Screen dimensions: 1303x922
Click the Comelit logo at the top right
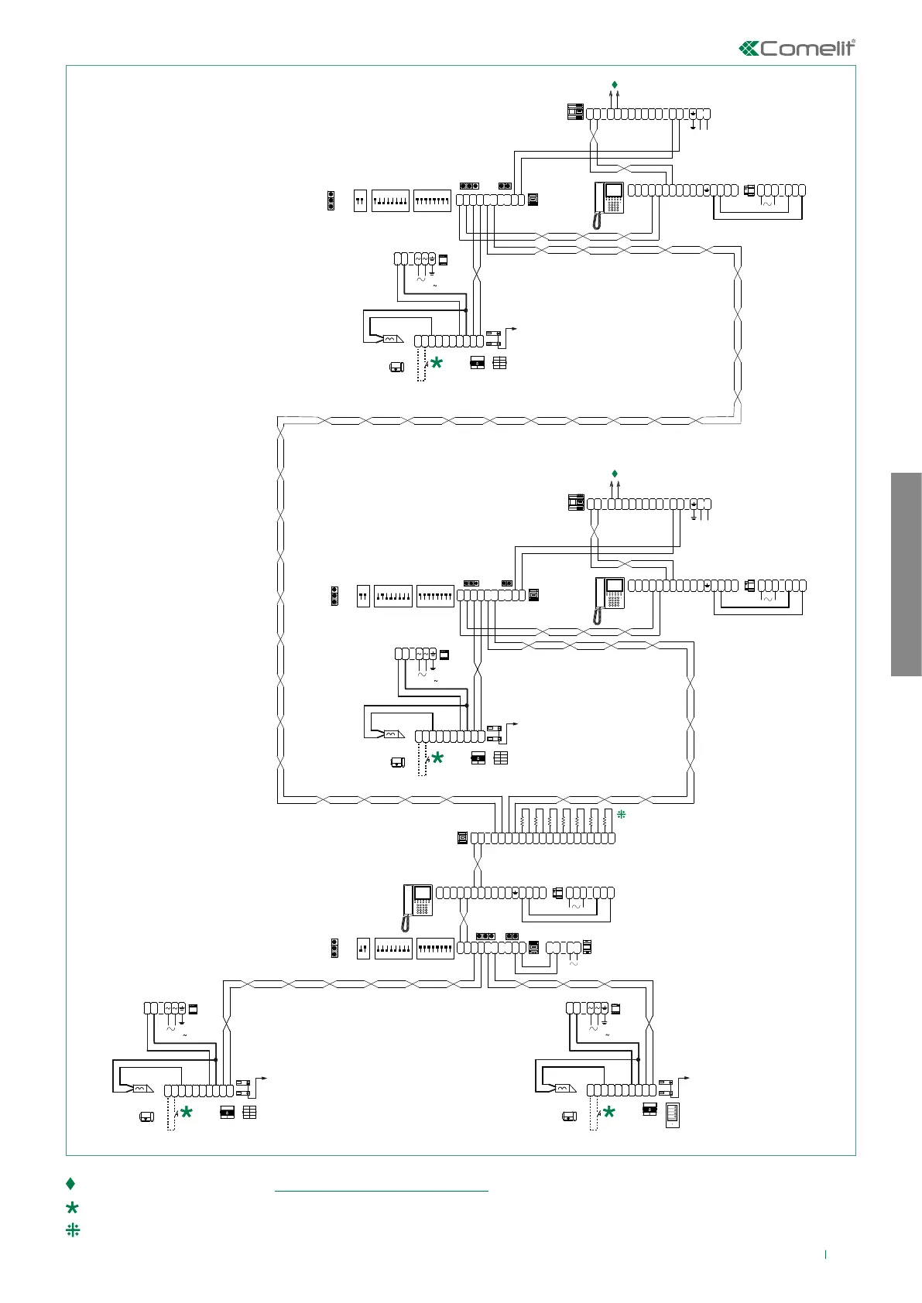(x=797, y=48)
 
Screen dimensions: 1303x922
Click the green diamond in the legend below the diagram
(x=71, y=1183)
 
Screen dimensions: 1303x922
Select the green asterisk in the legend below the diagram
(x=72, y=1207)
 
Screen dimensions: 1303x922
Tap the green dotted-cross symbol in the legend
(x=73, y=1229)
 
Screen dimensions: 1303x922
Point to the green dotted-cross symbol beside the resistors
(x=621, y=814)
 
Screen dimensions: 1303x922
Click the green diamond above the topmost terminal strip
(x=615, y=84)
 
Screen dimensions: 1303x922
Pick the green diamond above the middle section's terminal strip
(x=615, y=474)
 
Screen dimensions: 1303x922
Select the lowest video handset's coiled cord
(x=405, y=923)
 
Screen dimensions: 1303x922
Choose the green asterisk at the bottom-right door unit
(x=609, y=1113)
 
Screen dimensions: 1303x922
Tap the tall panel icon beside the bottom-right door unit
(x=673, y=1115)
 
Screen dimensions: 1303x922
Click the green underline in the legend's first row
(x=382, y=1191)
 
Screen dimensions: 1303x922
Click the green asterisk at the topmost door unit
(x=437, y=362)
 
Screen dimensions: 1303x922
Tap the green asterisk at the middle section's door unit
(x=437, y=758)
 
